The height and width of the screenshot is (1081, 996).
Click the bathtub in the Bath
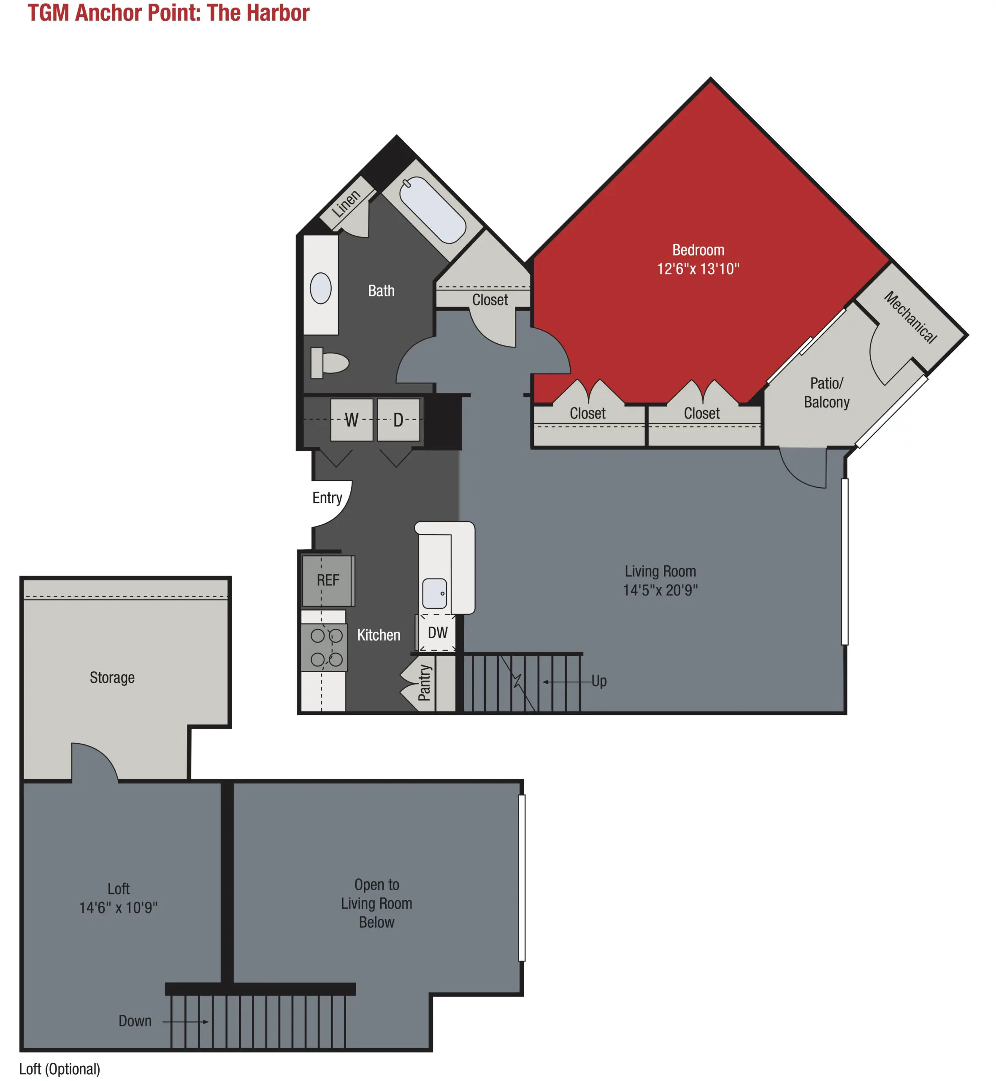(x=432, y=210)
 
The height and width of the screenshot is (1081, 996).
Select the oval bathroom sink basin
(x=321, y=288)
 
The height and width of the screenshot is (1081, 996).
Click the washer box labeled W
(x=352, y=419)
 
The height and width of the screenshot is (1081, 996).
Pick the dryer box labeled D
(x=398, y=419)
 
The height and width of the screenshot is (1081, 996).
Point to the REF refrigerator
(x=327, y=581)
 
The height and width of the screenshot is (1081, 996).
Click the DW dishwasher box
(x=437, y=633)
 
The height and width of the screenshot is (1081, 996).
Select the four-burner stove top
(x=324, y=647)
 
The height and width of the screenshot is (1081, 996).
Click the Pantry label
(x=425, y=682)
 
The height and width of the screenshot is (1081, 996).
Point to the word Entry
(x=327, y=497)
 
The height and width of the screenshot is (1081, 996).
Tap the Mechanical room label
(x=911, y=317)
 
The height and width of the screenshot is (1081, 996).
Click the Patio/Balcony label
(x=827, y=393)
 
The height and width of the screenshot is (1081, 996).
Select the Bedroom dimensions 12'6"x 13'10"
(x=698, y=269)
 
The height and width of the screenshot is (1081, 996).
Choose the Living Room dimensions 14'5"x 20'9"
(x=660, y=590)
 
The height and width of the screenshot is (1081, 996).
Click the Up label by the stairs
(x=599, y=681)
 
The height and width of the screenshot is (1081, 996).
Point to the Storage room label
(x=112, y=678)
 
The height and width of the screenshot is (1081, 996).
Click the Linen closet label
(x=346, y=203)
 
